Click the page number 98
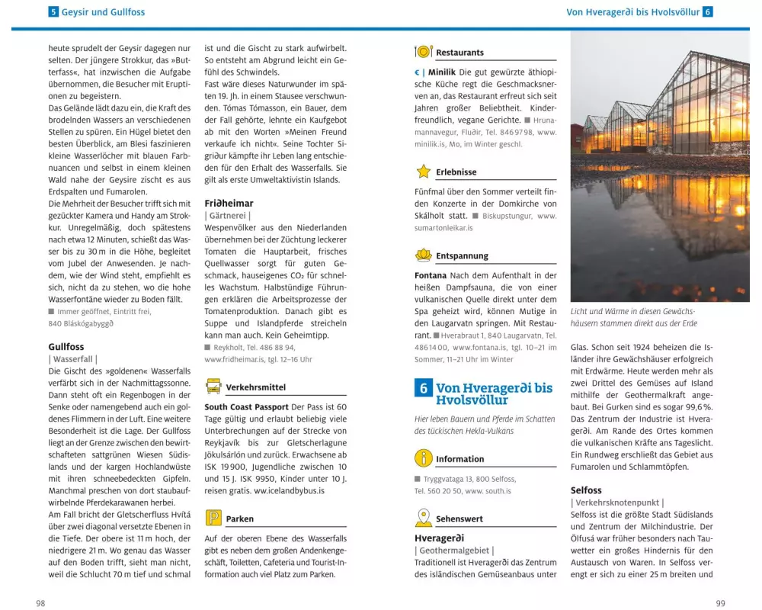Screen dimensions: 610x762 (40, 603)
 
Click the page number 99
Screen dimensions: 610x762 (721, 603)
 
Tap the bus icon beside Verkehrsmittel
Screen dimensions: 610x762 (213, 387)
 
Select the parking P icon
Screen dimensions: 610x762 (213, 518)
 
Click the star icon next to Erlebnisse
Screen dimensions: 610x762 (424, 172)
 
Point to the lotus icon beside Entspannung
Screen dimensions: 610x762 (424, 255)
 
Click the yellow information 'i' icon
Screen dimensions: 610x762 (424, 458)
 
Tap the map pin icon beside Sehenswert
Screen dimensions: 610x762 (424, 518)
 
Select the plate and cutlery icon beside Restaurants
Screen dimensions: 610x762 (424, 52)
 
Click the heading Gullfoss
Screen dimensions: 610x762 (66, 346)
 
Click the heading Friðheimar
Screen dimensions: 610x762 (229, 204)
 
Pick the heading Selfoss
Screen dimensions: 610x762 (586, 490)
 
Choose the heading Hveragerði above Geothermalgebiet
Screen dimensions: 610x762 (439, 538)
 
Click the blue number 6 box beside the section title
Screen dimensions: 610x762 (424, 388)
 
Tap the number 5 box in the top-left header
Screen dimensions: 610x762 (53, 12)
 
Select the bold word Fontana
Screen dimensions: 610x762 (431, 275)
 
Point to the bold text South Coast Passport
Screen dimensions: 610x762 (246, 407)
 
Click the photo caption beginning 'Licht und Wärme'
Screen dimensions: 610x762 (633, 317)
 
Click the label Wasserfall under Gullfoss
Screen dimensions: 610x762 (72, 358)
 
